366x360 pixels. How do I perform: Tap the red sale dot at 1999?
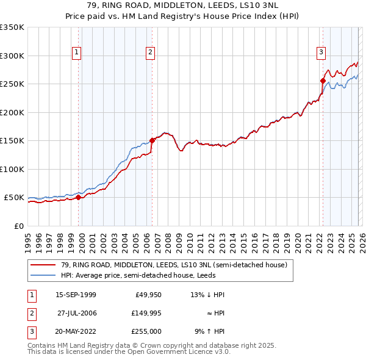click(x=78, y=197)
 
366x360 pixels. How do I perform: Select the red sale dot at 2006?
click(x=152, y=140)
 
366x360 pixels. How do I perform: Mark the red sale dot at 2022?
click(x=323, y=81)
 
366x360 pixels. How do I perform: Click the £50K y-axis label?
click(x=14, y=198)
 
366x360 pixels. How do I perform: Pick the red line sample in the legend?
click(x=43, y=265)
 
